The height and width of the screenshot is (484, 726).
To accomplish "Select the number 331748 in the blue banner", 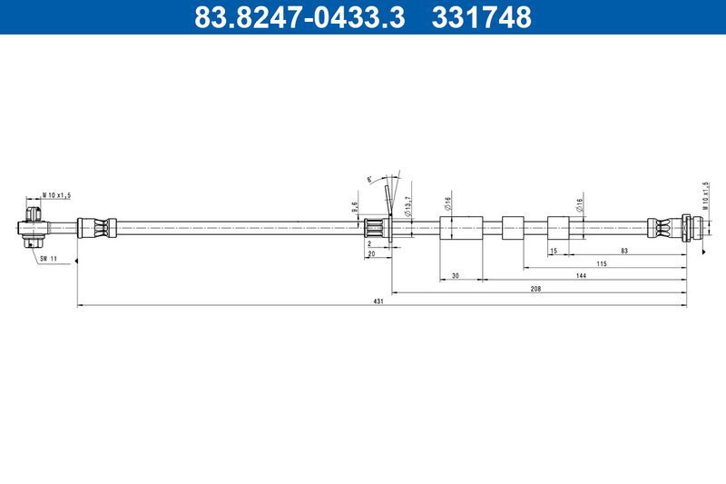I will click(x=481, y=18).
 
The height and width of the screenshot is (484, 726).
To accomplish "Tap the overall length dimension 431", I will click(x=379, y=301).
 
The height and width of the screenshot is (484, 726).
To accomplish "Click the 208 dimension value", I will click(x=535, y=288).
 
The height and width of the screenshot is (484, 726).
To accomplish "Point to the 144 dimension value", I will click(x=578, y=275).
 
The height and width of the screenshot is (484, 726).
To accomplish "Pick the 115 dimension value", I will click(x=600, y=262).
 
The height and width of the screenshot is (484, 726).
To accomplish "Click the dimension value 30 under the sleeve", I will click(x=455, y=275).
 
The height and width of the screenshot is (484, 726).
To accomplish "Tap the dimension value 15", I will click(x=554, y=250).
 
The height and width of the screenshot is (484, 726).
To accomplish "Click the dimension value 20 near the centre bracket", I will click(x=372, y=255).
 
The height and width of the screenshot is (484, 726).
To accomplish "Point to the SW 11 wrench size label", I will click(x=47, y=259).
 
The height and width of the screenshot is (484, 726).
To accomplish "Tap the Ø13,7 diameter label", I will click(x=408, y=206).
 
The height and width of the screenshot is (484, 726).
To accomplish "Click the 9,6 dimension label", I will click(x=355, y=206).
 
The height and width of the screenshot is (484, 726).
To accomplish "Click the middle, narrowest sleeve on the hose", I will click(x=514, y=226).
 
